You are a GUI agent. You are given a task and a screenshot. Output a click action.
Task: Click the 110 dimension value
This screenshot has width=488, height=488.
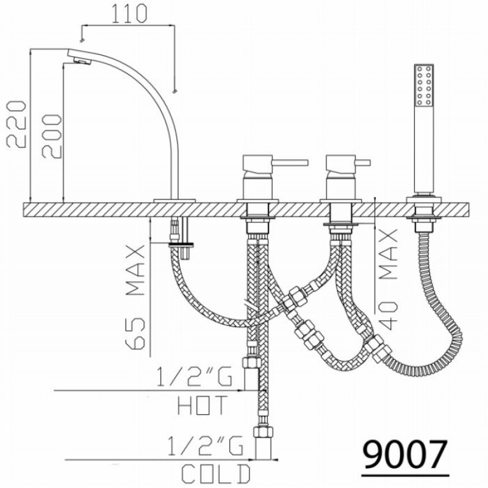129,13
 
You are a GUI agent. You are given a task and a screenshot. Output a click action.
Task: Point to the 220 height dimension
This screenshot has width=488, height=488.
16,124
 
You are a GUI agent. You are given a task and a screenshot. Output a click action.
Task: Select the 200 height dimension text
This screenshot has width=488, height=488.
52,136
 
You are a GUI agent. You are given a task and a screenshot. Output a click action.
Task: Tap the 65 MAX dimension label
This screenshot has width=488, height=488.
135,296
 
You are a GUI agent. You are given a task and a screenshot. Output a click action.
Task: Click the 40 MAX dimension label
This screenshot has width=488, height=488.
389,279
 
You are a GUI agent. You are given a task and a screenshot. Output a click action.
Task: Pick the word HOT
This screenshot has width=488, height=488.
203,405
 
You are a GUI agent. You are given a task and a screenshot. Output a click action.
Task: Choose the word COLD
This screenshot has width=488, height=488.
216,474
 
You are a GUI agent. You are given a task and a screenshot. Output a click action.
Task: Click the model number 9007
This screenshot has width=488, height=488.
405,454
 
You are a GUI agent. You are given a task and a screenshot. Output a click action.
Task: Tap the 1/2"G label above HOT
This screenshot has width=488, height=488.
195,376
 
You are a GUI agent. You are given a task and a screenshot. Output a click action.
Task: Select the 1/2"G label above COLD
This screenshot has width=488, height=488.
206,446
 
